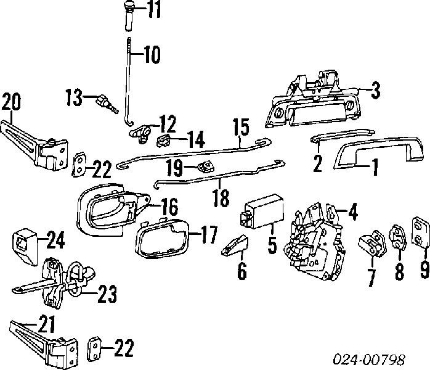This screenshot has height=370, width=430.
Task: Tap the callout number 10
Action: pos(151,55)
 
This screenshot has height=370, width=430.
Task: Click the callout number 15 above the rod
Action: pos(240,128)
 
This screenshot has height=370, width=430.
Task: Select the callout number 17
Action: pos(208,235)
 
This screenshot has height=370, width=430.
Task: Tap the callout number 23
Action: pos(106,295)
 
